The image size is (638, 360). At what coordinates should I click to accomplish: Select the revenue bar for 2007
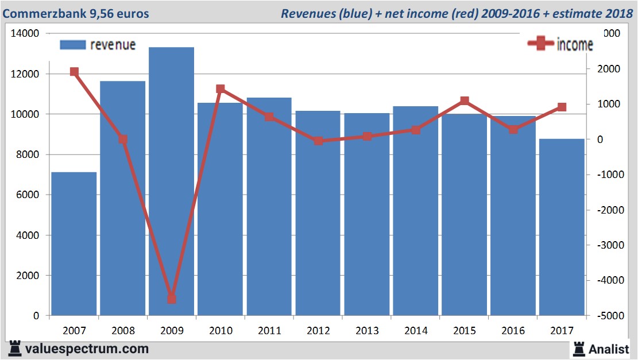click(74, 243)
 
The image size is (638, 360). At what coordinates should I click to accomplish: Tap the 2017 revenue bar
click(562, 227)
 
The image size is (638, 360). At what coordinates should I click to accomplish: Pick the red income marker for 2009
click(172, 299)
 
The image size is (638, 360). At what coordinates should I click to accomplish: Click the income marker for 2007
click(74, 72)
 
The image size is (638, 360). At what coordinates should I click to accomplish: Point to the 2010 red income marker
click(221, 89)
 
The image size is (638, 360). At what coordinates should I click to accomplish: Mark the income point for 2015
click(465, 101)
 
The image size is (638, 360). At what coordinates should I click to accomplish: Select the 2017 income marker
click(562, 107)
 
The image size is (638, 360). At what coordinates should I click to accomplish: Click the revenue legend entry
click(98, 45)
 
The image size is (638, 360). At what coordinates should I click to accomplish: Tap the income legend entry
click(560, 45)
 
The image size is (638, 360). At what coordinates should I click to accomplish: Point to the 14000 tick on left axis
click(25, 34)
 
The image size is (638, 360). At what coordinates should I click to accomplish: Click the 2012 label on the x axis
click(318, 331)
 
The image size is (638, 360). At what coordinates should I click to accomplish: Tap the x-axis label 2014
click(416, 331)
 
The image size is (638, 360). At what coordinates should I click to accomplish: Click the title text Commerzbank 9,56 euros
click(76, 13)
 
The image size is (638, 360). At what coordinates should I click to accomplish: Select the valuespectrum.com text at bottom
click(87, 349)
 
